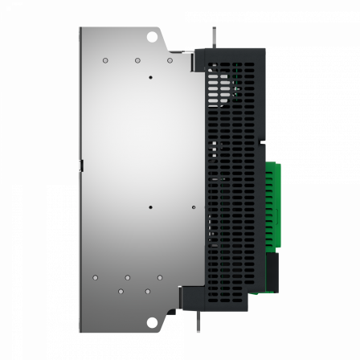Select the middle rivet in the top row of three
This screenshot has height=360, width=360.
138,59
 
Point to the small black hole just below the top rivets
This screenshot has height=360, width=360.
151,78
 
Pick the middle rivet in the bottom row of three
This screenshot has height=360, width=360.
129,277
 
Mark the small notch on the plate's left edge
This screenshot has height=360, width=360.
81,165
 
